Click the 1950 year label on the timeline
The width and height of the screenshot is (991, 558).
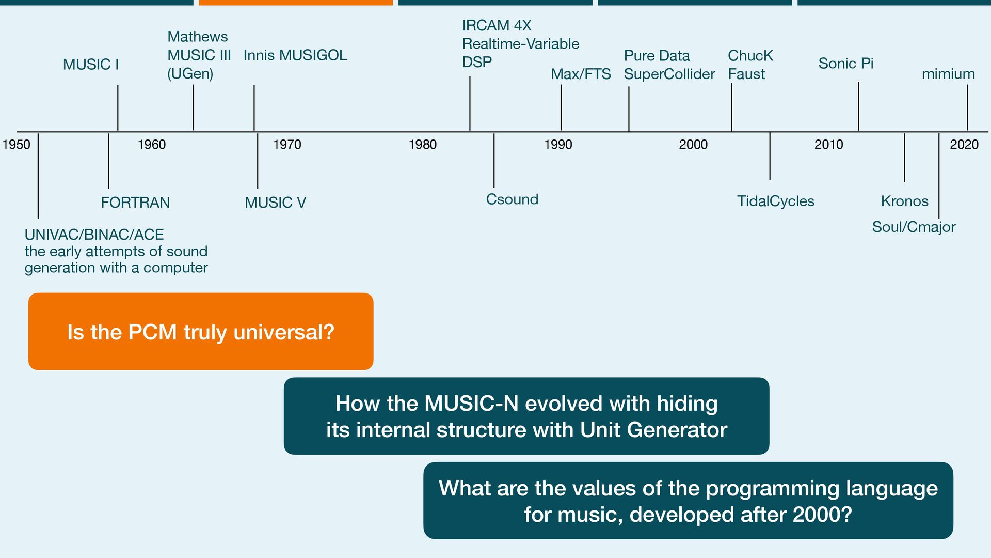pos(17,145)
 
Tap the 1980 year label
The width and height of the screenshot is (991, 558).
pos(422,145)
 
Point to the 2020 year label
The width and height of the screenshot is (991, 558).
pos(964,145)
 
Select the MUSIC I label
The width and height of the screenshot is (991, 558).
pos(91,65)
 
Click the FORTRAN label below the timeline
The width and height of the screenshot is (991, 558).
pos(135,203)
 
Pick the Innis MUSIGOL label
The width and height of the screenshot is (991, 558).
pos(295,55)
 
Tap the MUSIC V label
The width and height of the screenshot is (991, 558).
pos(275,203)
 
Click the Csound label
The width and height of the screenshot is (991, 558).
pos(512,199)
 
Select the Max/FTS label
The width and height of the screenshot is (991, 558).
pos(581,74)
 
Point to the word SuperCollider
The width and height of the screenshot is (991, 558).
pos(669,74)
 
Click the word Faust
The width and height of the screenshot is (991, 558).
pos(746,74)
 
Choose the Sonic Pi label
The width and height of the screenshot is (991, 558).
pos(846,64)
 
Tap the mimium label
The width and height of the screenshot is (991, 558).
pos(948,74)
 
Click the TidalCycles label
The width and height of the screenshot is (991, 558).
pos(775,202)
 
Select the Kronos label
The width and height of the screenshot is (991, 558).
pos(904,202)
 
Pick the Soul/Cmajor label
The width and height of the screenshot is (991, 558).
pos(914,227)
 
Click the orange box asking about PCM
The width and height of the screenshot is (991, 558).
pos(201,332)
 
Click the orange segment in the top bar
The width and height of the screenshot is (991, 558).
pos(296,3)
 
